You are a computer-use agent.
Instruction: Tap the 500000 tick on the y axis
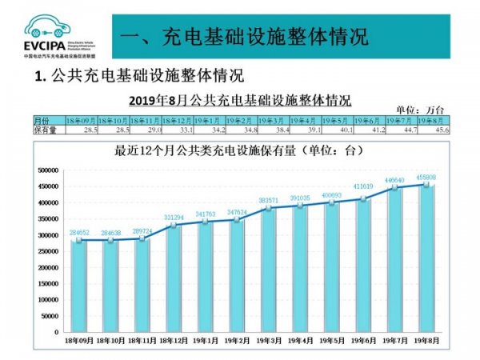pos(50,170)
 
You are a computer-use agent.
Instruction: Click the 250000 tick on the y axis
pos(50,251)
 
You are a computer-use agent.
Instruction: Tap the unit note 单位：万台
pos(419,108)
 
